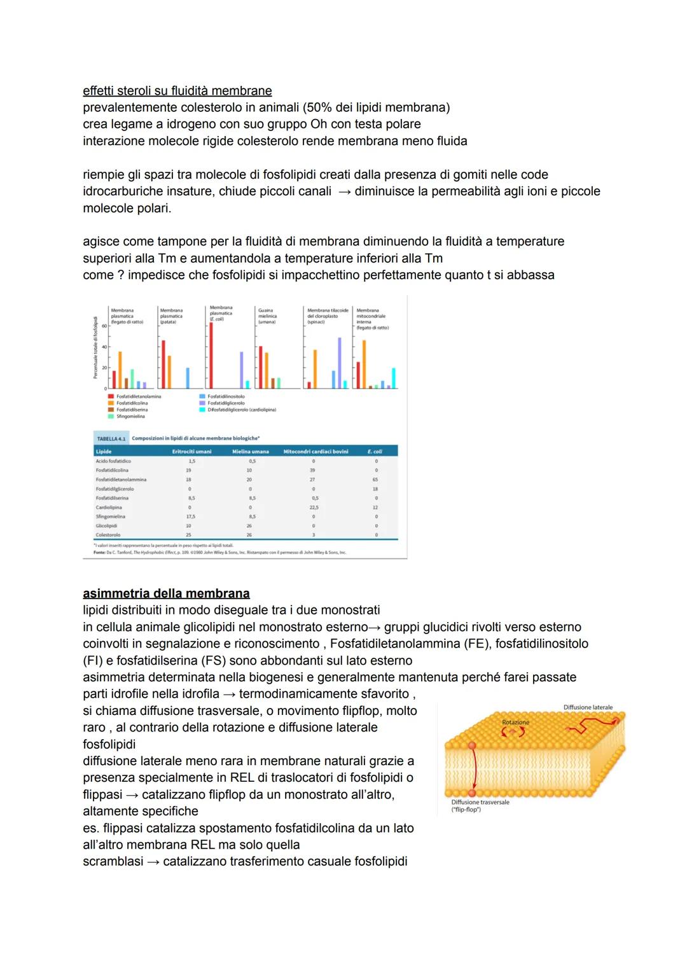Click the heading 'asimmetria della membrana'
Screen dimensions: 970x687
166,593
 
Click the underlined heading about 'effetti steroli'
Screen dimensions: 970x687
177,91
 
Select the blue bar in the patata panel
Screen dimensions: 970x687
188,378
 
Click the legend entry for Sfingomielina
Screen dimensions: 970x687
127,417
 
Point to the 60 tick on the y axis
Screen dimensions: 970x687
104,325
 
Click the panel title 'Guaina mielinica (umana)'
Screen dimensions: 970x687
267,316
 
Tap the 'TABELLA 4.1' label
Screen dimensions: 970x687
111,439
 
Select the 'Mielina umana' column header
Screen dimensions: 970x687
251,451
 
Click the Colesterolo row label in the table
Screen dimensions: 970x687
108,535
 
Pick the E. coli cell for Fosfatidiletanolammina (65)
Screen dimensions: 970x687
375,480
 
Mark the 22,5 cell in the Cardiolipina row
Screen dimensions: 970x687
314,508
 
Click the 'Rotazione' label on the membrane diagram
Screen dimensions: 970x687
515,723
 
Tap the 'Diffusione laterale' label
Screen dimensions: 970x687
588,707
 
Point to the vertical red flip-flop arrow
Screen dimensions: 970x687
472,769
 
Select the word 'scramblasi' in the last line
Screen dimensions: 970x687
113,861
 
